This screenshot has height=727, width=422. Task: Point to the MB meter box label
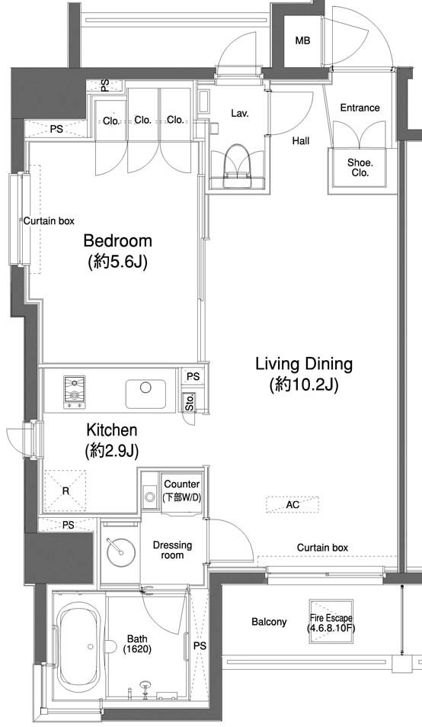(302, 40)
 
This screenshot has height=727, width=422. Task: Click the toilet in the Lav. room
(237, 166)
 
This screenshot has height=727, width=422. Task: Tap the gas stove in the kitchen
(74, 392)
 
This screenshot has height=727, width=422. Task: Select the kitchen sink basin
(145, 394)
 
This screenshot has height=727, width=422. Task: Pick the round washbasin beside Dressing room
(120, 552)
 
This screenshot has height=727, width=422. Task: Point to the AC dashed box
(293, 504)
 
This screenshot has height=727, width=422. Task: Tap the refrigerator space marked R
(66, 491)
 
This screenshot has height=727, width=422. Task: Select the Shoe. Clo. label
(360, 168)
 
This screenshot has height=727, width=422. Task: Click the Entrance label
(360, 108)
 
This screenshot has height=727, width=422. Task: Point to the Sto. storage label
(190, 401)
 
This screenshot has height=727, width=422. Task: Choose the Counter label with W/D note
(182, 491)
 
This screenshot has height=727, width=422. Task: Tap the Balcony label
(269, 622)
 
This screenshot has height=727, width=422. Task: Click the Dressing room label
(172, 550)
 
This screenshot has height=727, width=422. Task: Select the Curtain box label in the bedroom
(49, 221)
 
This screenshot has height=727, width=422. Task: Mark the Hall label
(301, 140)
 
